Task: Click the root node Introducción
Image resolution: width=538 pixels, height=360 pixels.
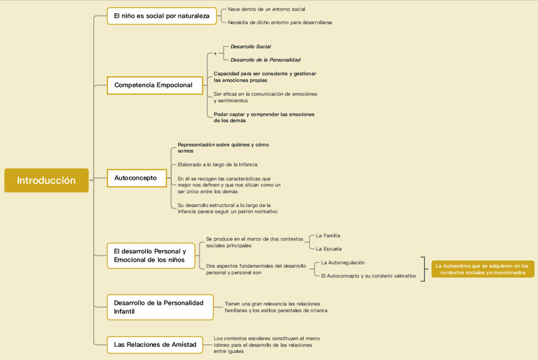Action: [x=46, y=180]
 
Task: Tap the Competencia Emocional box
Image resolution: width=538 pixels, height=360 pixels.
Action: [x=153, y=84]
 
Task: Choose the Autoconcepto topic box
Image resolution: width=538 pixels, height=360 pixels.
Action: [x=136, y=178]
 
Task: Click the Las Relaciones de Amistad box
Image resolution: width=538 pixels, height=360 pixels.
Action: [x=155, y=345]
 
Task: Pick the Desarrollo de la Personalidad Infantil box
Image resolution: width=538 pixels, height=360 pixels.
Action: [x=159, y=307]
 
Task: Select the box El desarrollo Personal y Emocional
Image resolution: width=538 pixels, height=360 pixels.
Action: [x=150, y=255]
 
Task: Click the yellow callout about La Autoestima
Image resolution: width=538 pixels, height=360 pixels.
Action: [x=482, y=269]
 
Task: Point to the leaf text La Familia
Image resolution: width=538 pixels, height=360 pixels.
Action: [x=328, y=236]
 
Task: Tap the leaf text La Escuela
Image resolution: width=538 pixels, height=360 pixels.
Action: [x=329, y=249]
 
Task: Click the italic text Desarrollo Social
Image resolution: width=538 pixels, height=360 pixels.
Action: [x=251, y=46]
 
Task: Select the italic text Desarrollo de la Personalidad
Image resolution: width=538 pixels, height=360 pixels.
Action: [x=265, y=60]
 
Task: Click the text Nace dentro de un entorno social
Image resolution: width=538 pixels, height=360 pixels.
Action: [x=266, y=10]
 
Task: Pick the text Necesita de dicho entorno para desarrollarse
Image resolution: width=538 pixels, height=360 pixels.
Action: [x=280, y=22]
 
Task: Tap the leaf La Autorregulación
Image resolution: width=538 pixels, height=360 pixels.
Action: [x=343, y=262]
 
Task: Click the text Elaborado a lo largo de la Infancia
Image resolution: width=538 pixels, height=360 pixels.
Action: [x=218, y=164]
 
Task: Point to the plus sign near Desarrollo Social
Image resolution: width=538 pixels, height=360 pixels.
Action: [x=215, y=53]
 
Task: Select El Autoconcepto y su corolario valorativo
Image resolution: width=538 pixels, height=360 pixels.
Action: [x=368, y=276]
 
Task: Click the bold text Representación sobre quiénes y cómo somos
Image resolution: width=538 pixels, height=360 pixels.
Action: [x=223, y=147]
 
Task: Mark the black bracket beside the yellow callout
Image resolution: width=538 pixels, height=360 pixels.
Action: [x=423, y=269]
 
